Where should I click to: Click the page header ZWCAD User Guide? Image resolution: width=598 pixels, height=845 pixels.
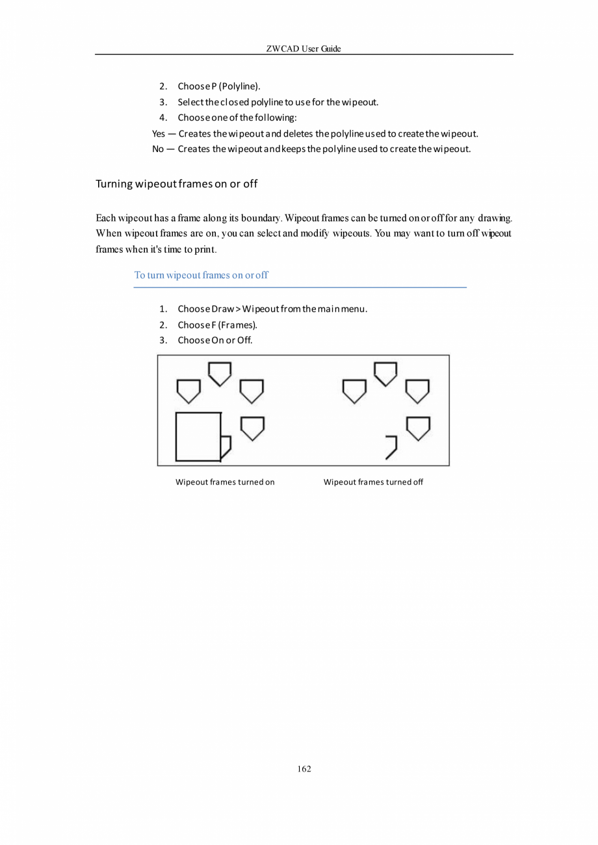tap(304, 49)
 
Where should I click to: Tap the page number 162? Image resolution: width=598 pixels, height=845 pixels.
tap(304, 769)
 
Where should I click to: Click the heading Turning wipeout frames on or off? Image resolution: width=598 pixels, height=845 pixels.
tap(176, 183)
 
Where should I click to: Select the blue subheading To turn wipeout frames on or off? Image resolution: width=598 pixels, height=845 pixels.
tap(201, 275)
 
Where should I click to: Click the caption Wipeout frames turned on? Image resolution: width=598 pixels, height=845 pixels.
tap(225, 482)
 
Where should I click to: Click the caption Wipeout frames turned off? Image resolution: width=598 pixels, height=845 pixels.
tap(373, 482)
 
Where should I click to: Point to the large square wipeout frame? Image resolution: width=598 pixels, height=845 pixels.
tap(198, 436)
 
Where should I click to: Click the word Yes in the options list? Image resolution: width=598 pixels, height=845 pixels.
tap(159, 134)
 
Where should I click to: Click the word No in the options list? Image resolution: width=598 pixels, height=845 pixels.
tap(158, 149)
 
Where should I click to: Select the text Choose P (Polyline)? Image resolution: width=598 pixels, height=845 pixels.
tap(219, 86)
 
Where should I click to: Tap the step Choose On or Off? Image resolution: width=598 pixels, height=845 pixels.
tap(215, 340)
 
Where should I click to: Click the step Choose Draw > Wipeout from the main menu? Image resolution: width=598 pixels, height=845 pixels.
tap(272, 309)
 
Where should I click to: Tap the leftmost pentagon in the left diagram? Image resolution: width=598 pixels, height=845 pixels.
tap(188, 391)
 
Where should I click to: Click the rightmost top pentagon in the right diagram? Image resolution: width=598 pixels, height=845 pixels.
tap(417, 391)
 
